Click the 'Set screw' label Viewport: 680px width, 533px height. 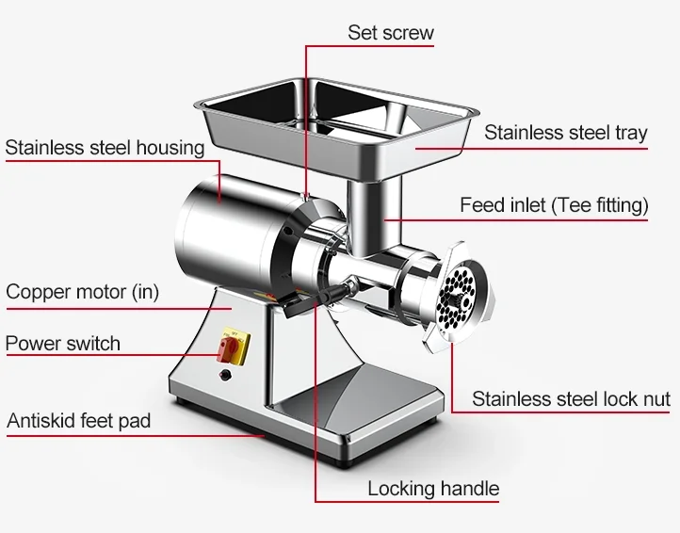point(390,33)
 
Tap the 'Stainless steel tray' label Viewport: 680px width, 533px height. point(565,133)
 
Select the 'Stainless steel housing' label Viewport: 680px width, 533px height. point(105,148)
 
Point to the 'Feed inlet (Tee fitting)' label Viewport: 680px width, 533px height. point(553,205)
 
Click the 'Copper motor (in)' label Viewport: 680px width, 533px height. point(82,292)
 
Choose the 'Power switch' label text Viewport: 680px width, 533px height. point(63,343)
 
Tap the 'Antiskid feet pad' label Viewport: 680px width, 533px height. point(78,421)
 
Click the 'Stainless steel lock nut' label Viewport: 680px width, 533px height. point(571,399)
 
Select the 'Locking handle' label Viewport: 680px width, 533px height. point(433,489)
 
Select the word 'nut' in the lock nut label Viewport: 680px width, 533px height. point(655,399)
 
